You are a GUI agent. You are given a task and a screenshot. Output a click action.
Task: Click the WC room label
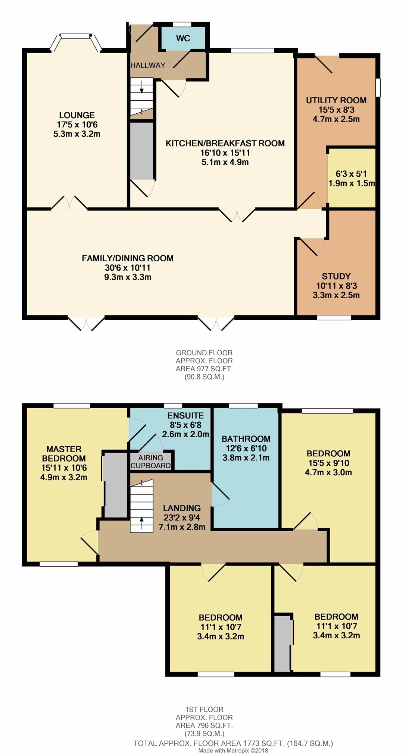pyautogui.click(x=183, y=38)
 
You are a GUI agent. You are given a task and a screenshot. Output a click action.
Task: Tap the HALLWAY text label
pyautogui.click(x=148, y=65)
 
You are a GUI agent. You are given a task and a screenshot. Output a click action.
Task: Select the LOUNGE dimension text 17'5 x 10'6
pyautogui.click(x=77, y=125)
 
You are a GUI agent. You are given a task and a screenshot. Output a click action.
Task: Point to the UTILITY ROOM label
pyautogui.click(x=336, y=100)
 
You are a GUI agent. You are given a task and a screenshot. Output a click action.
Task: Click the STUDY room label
pyautogui.click(x=336, y=276)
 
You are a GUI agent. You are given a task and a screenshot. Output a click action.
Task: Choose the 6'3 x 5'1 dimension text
pyautogui.click(x=351, y=174)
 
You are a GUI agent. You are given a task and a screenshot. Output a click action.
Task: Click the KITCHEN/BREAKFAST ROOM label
pyautogui.click(x=225, y=143)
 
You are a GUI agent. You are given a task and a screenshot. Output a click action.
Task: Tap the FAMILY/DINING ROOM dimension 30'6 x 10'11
pyautogui.click(x=128, y=268)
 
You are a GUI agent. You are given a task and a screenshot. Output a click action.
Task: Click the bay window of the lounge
pyautogui.click(x=76, y=42)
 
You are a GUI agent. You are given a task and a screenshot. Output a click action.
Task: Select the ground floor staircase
pyautogui.click(x=141, y=98)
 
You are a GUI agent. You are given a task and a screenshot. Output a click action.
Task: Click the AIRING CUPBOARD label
pyautogui.click(x=151, y=462)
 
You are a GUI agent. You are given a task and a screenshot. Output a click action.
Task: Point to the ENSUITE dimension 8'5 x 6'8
pyautogui.click(x=185, y=425)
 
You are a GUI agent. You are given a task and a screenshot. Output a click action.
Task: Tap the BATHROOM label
pyautogui.click(x=246, y=439)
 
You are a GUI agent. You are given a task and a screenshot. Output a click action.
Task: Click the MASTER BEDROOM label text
pyautogui.click(x=64, y=454)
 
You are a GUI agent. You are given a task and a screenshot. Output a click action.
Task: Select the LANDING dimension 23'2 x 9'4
pyautogui.click(x=182, y=518)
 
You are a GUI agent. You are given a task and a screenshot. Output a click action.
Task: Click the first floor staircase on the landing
pyautogui.click(x=141, y=506)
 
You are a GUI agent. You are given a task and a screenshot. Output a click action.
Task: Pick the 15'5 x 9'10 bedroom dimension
pyautogui.click(x=328, y=463)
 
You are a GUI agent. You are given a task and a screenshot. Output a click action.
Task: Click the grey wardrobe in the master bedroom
pyautogui.click(x=116, y=485)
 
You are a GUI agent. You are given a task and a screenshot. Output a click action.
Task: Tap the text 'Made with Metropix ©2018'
pyautogui.click(x=233, y=751)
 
